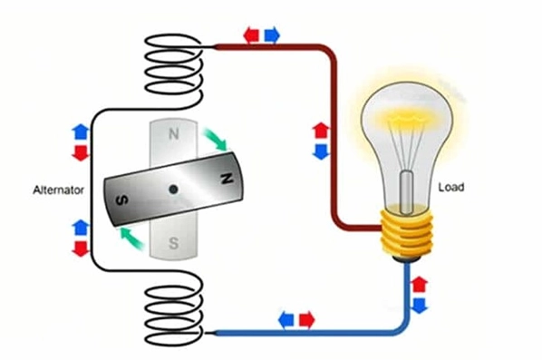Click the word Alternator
click(x=58, y=190)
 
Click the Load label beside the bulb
click(x=451, y=188)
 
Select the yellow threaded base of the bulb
click(x=407, y=233)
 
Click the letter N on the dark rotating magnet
click(x=227, y=179)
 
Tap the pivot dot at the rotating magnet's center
click(x=173, y=190)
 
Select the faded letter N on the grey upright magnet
click(x=174, y=134)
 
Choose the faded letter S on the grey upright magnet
click(x=173, y=243)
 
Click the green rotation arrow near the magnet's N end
click(x=215, y=139)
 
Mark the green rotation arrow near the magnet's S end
click(x=131, y=238)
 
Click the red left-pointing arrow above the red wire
click(x=251, y=35)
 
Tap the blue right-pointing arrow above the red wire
click(x=272, y=35)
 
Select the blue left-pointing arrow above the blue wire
click(x=286, y=320)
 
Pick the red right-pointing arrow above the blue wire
click(x=307, y=320)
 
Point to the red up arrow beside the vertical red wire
click(x=321, y=131)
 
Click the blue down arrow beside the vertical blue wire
click(x=420, y=306)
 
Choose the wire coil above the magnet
click(x=173, y=69)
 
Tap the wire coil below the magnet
click(x=173, y=307)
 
